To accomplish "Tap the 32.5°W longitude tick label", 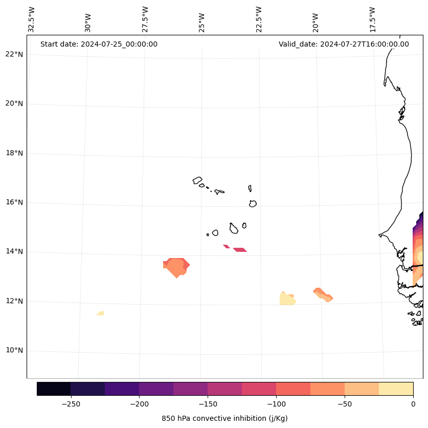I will pyautogui.click(x=32, y=19).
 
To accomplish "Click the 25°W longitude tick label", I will pyautogui.click(x=202, y=19).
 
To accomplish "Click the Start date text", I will pyautogui.click(x=99, y=44).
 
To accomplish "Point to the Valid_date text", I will pyautogui.click(x=344, y=44).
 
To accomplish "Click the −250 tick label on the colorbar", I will pyautogui.click(x=71, y=404).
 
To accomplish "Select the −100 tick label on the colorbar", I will pyautogui.click(x=276, y=404).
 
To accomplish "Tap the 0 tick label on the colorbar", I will pyautogui.click(x=413, y=404).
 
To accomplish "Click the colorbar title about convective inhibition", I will pyautogui.click(x=224, y=418).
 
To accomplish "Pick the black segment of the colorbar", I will pyautogui.click(x=54, y=389).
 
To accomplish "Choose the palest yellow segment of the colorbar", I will pyautogui.click(x=396, y=389).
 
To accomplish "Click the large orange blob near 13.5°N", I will pyautogui.click(x=176, y=266).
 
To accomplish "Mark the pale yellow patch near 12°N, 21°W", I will pyautogui.click(x=287, y=299).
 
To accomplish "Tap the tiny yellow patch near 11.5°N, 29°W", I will pyautogui.click(x=101, y=313).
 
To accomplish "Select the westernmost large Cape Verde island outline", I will pyautogui.click(x=197, y=180).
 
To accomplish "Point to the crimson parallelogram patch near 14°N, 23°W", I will pyautogui.click(x=240, y=250).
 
